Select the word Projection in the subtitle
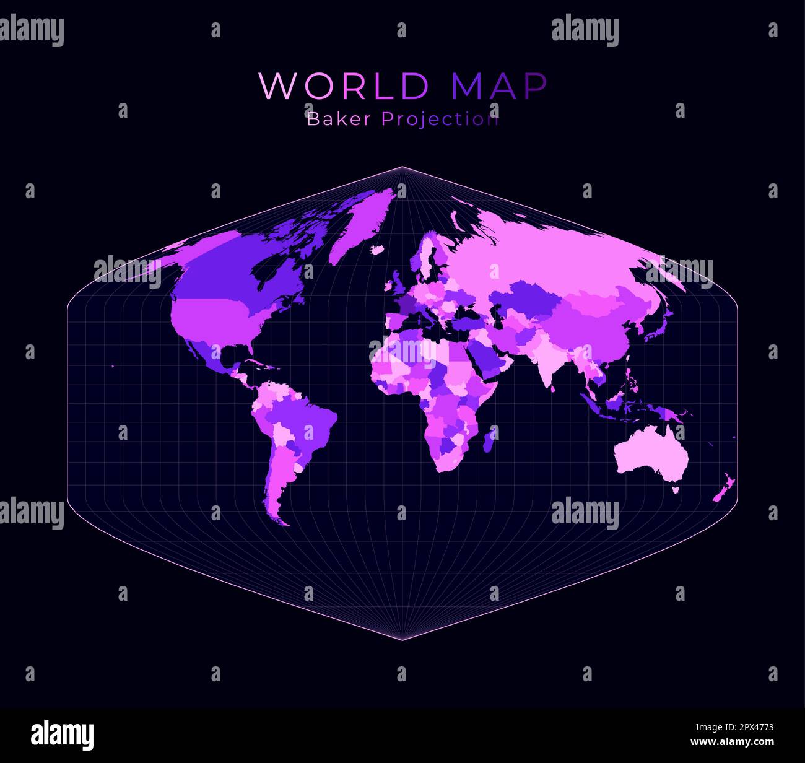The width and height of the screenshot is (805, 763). [x=440, y=119]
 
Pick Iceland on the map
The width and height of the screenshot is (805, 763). [x=376, y=250]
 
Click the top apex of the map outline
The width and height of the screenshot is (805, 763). [x=402, y=167]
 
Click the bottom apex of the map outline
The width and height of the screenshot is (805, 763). [x=402, y=640]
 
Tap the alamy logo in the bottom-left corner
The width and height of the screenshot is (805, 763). [x=62, y=735]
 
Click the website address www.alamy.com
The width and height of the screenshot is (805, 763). [x=732, y=742]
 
